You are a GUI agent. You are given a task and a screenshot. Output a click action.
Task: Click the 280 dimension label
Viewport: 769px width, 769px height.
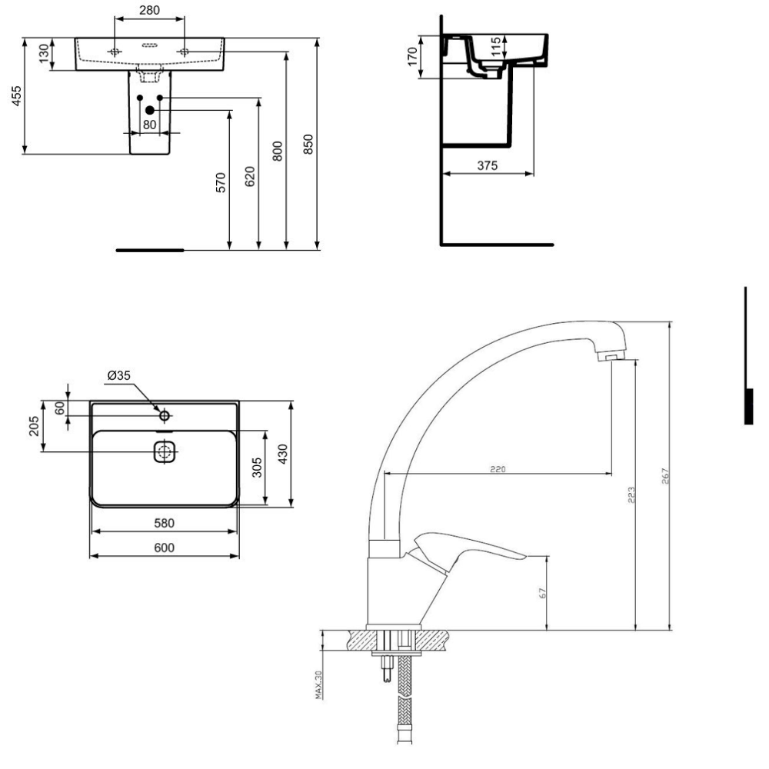click(x=149, y=10)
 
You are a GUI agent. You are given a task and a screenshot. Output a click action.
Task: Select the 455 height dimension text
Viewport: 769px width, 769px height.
click(x=17, y=96)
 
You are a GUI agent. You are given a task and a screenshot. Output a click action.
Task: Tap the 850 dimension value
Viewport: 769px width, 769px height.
click(x=308, y=145)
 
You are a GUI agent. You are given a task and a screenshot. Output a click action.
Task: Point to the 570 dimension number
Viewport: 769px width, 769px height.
click(x=221, y=182)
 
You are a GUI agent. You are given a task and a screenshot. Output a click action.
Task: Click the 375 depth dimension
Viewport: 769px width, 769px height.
click(x=487, y=166)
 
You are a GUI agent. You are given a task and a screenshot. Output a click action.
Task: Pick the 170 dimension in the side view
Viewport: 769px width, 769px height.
click(x=412, y=56)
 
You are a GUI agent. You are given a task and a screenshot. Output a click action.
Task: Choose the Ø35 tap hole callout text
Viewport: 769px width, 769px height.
click(x=118, y=376)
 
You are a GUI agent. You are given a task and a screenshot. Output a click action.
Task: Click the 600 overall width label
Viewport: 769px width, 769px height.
click(x=164, y=548)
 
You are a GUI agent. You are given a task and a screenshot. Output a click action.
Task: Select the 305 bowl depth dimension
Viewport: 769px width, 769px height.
click(x=257, y=468)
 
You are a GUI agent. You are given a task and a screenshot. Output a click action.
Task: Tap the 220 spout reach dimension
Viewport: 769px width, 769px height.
click(x=498, y=469)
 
